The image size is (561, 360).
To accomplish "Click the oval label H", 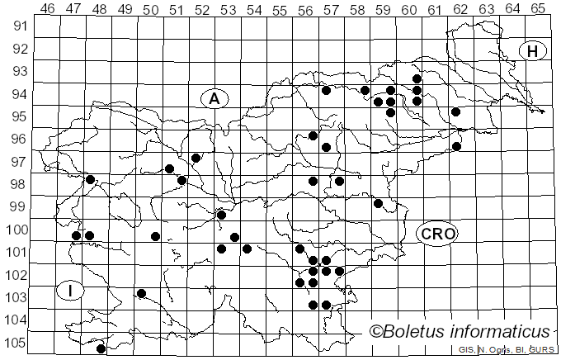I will coord(533,51).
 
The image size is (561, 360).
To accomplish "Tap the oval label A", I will coord(214,98).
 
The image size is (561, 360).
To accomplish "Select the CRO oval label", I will coord(436,234).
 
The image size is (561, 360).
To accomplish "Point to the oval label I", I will coord(71,291).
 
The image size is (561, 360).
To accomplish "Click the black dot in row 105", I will coord(101,348).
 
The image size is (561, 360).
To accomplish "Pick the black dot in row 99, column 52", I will coord(221,215).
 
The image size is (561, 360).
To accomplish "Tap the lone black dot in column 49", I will coord(142,293).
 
